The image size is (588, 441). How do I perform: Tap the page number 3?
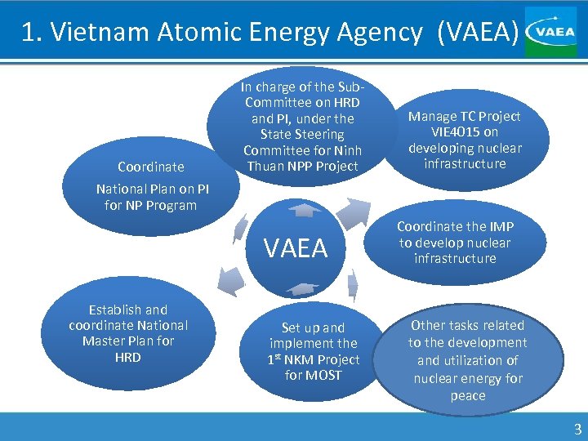point(577,429)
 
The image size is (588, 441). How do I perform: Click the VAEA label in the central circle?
point(295,248)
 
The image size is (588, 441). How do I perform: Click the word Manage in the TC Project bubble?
point(432,116)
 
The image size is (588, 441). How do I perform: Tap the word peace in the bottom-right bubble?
point(467,396)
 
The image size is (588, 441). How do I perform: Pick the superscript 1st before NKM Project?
point(278,359)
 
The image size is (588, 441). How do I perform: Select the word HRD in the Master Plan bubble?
point(127,357)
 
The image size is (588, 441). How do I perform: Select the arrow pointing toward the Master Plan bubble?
point(233,283)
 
